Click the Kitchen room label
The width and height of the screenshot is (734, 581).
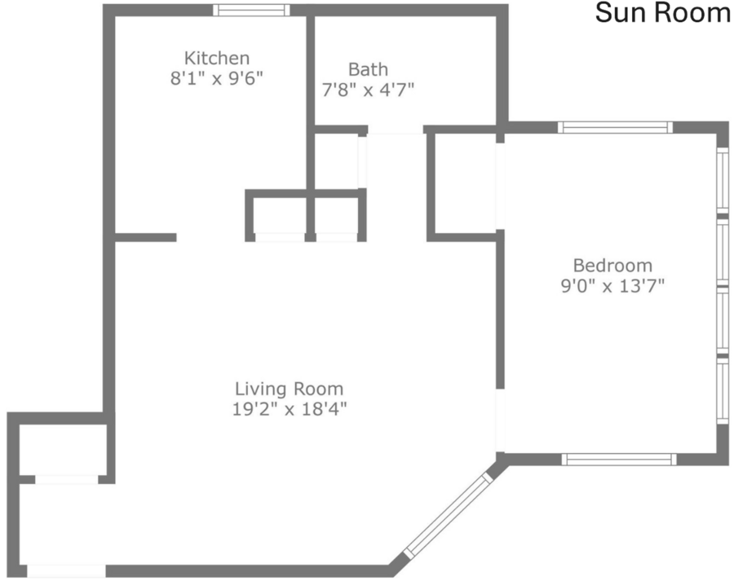217,58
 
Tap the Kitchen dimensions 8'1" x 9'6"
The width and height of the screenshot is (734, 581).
217,78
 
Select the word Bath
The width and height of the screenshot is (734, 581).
368,69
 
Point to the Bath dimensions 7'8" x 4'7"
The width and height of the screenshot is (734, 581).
368,90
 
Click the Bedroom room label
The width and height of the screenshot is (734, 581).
612,266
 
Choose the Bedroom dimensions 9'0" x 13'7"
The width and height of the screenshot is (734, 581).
612,285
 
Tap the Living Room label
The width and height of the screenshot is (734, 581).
289,389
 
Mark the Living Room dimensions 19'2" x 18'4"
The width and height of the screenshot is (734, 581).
290,409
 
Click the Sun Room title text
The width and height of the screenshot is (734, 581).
662,13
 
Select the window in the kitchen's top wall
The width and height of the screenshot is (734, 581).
251,11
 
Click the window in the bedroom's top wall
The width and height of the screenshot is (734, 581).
615,127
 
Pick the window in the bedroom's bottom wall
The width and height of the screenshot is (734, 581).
619,460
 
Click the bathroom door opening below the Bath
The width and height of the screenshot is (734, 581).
396,130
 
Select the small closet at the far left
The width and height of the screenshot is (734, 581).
64,450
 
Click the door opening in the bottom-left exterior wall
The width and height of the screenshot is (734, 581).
66,571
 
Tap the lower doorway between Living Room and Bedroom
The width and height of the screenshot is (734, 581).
501,420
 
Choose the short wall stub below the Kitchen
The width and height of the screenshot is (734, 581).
146,238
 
